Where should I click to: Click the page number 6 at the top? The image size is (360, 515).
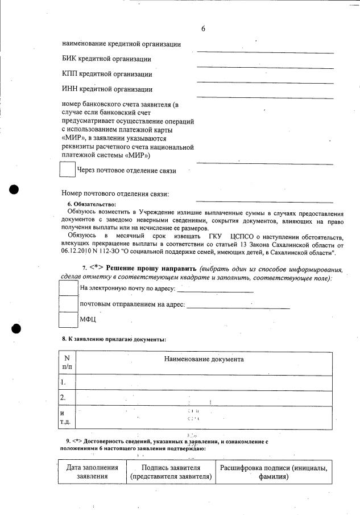[203, 29]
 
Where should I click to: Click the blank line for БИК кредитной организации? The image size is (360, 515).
[264, 67]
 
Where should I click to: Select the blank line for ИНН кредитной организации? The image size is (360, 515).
[264, 98]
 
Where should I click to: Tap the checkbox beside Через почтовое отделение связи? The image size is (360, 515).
[68, 170]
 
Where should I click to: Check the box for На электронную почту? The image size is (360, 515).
[69, 288]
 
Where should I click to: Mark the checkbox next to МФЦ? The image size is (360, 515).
[69, 320]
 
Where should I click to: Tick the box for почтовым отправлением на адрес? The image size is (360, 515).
[69, 304]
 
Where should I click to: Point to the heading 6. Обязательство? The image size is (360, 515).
[91, 204]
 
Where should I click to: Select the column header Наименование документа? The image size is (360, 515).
[204, 359]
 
